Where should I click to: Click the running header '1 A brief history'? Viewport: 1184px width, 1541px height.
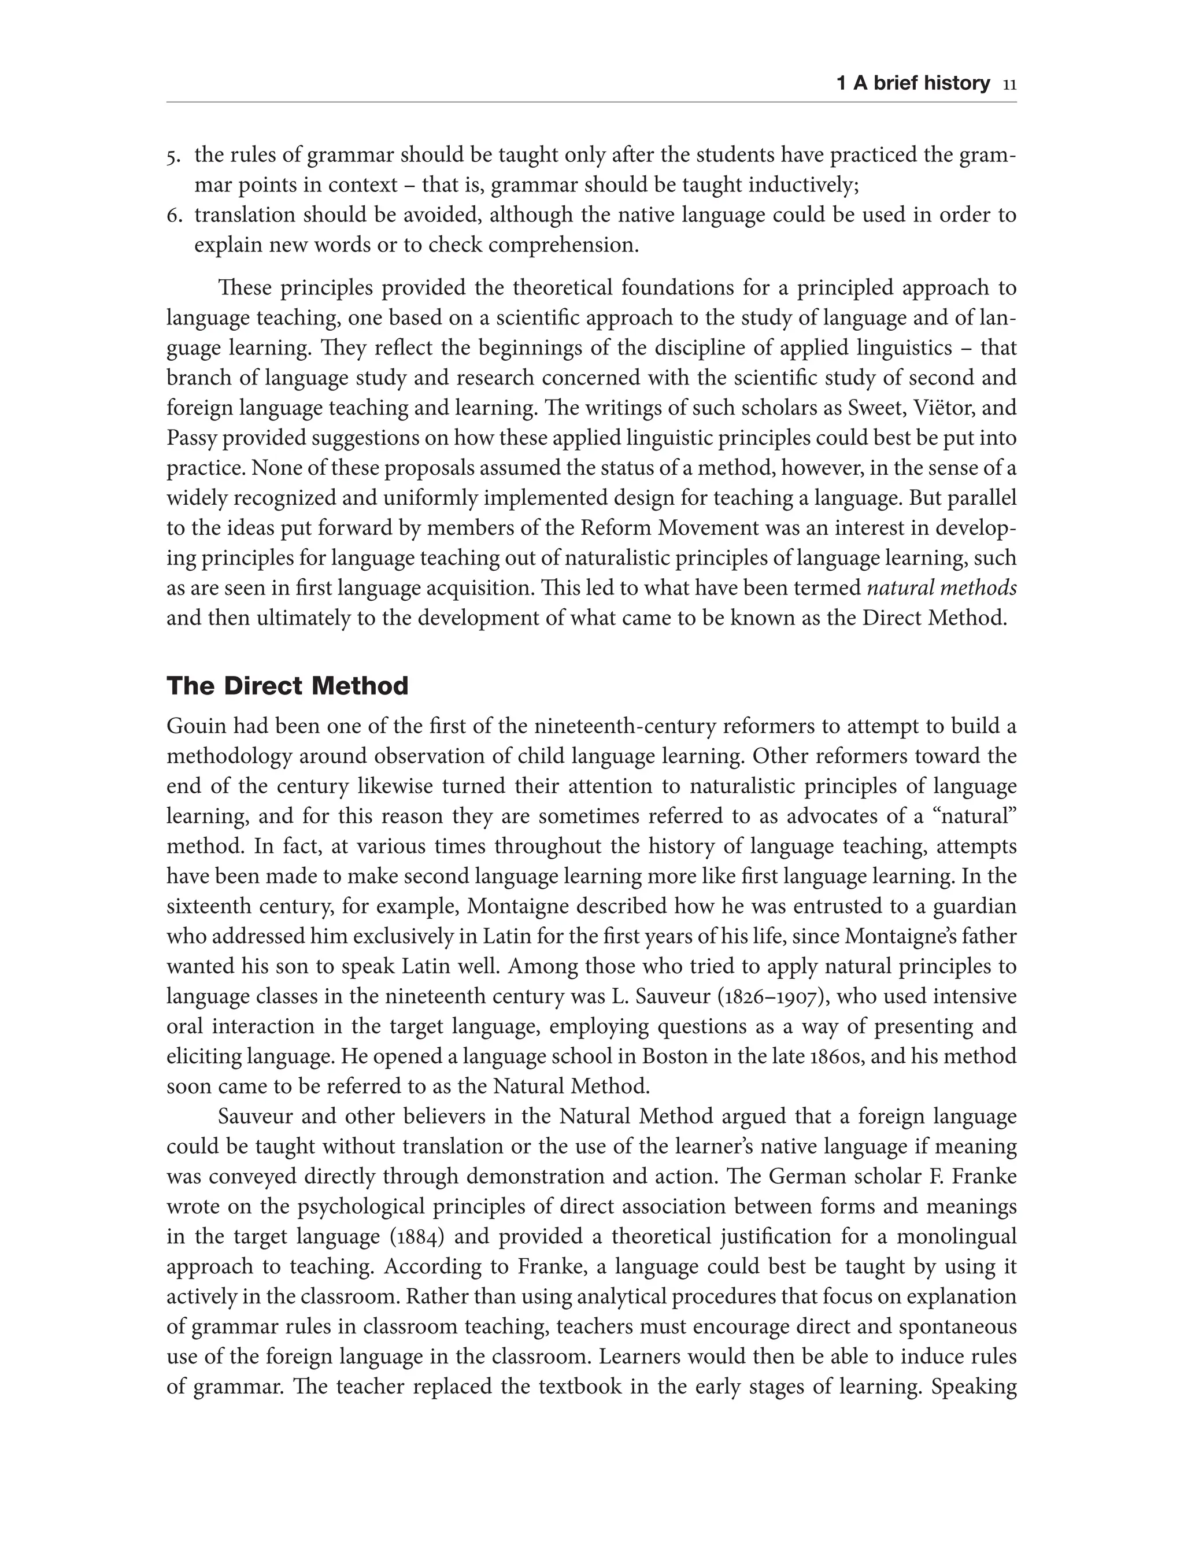point(913,84)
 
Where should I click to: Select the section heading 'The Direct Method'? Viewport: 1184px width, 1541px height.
point(287,686)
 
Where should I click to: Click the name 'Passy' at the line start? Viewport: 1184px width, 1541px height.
point(187,438)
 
